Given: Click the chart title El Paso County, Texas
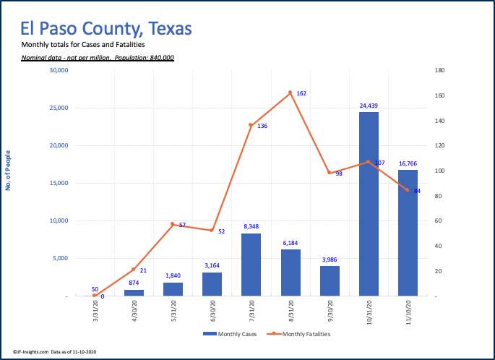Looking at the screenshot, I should click(x=106, y=29).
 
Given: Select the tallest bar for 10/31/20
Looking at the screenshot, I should click(x=369, y=204).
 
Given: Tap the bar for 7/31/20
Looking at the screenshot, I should click(x=251, y=265).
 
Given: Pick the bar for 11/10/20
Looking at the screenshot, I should click(x=408, y=233).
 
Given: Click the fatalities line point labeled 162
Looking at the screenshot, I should click(x=290, y=93).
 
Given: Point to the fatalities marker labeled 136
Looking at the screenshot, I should click(x=251, y=125).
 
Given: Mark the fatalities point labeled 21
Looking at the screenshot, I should click(x=134, y=270).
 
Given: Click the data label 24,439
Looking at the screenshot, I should click(x=369, y=106).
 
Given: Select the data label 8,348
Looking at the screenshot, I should click(x=251, y=226).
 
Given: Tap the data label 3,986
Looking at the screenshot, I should click(x=329, y=260).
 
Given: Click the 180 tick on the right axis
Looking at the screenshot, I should click(x=439, y=70).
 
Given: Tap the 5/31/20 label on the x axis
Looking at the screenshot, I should click(x=173, y=312).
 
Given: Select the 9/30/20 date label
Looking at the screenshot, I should click(x=330, y=312).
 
